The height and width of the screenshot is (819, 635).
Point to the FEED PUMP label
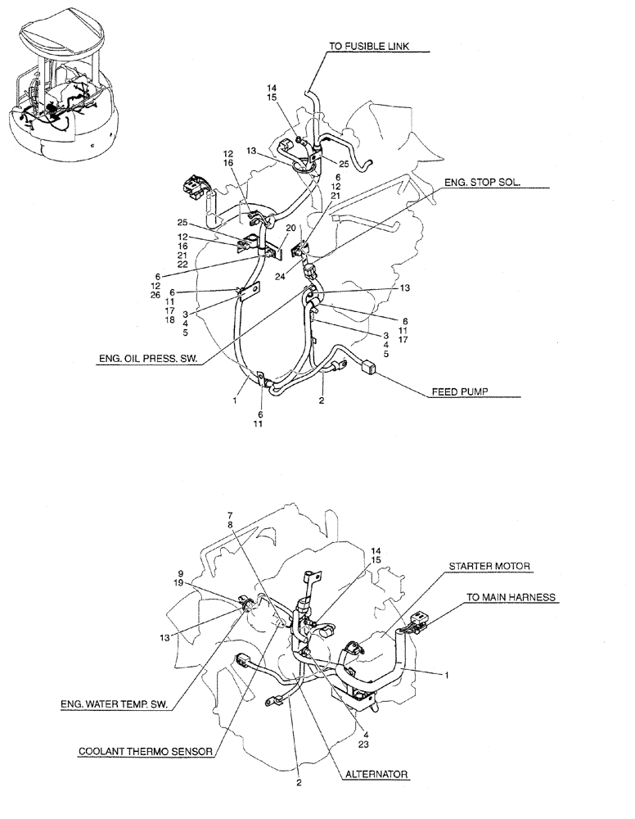click(459, 392)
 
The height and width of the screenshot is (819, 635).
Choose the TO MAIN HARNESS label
click(511, 598)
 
